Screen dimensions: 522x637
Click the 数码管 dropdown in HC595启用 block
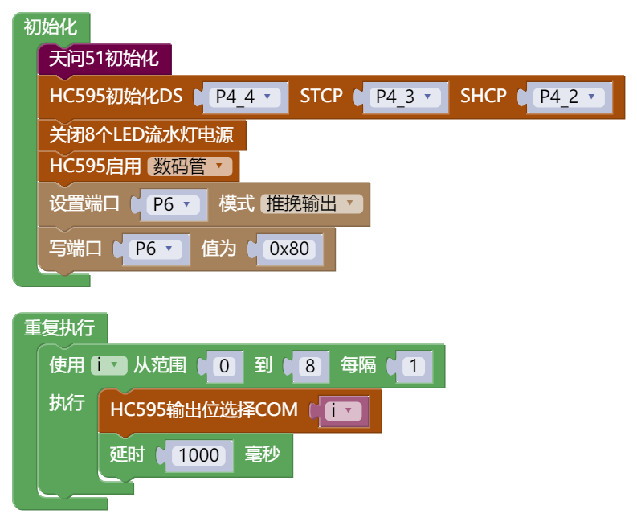(190, 166)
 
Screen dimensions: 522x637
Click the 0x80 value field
(289, 249)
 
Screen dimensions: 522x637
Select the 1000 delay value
(199, 455)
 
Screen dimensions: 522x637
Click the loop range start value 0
(226, 367)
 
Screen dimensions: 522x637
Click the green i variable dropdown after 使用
(108, 365)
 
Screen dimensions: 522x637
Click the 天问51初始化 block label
(104, 59)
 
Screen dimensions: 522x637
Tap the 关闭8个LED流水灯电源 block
(141, 134)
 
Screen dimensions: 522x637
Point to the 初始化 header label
(51, 27)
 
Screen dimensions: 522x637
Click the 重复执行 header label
(59, 327)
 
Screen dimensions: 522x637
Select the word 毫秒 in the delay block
(263, 454)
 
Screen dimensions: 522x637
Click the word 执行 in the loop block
(67, 402)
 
